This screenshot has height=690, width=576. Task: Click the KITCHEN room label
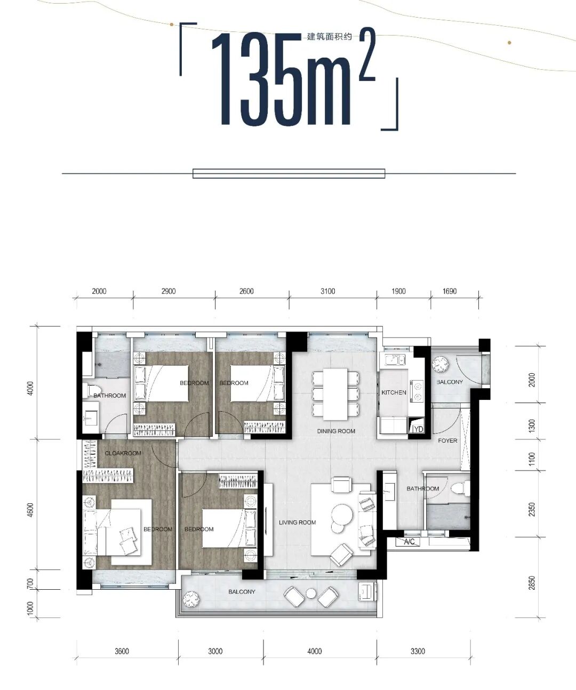pos(394,392)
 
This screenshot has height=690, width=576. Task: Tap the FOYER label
pos(447,440)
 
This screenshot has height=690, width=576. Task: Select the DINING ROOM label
pos(336,431)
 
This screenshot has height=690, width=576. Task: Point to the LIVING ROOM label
pos(297,523)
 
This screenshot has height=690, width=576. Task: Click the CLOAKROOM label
pos(123,453)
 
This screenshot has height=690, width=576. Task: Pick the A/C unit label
pos(409,542)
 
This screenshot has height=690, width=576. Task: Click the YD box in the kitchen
pos(418,429)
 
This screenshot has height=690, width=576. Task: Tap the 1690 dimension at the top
pos(450,291)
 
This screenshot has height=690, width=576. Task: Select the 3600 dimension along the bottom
pos(122,651)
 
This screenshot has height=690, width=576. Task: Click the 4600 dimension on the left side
pos(30,510)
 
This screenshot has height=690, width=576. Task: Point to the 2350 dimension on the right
pos(531,509)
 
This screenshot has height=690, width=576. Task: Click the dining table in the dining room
pos(335,394)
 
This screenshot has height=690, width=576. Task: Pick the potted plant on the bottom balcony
pos(191,599)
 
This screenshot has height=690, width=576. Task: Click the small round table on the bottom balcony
pos(311,593)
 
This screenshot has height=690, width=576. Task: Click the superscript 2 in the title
pos(367,55)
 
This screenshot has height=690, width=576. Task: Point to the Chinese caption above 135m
pos(330,37)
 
